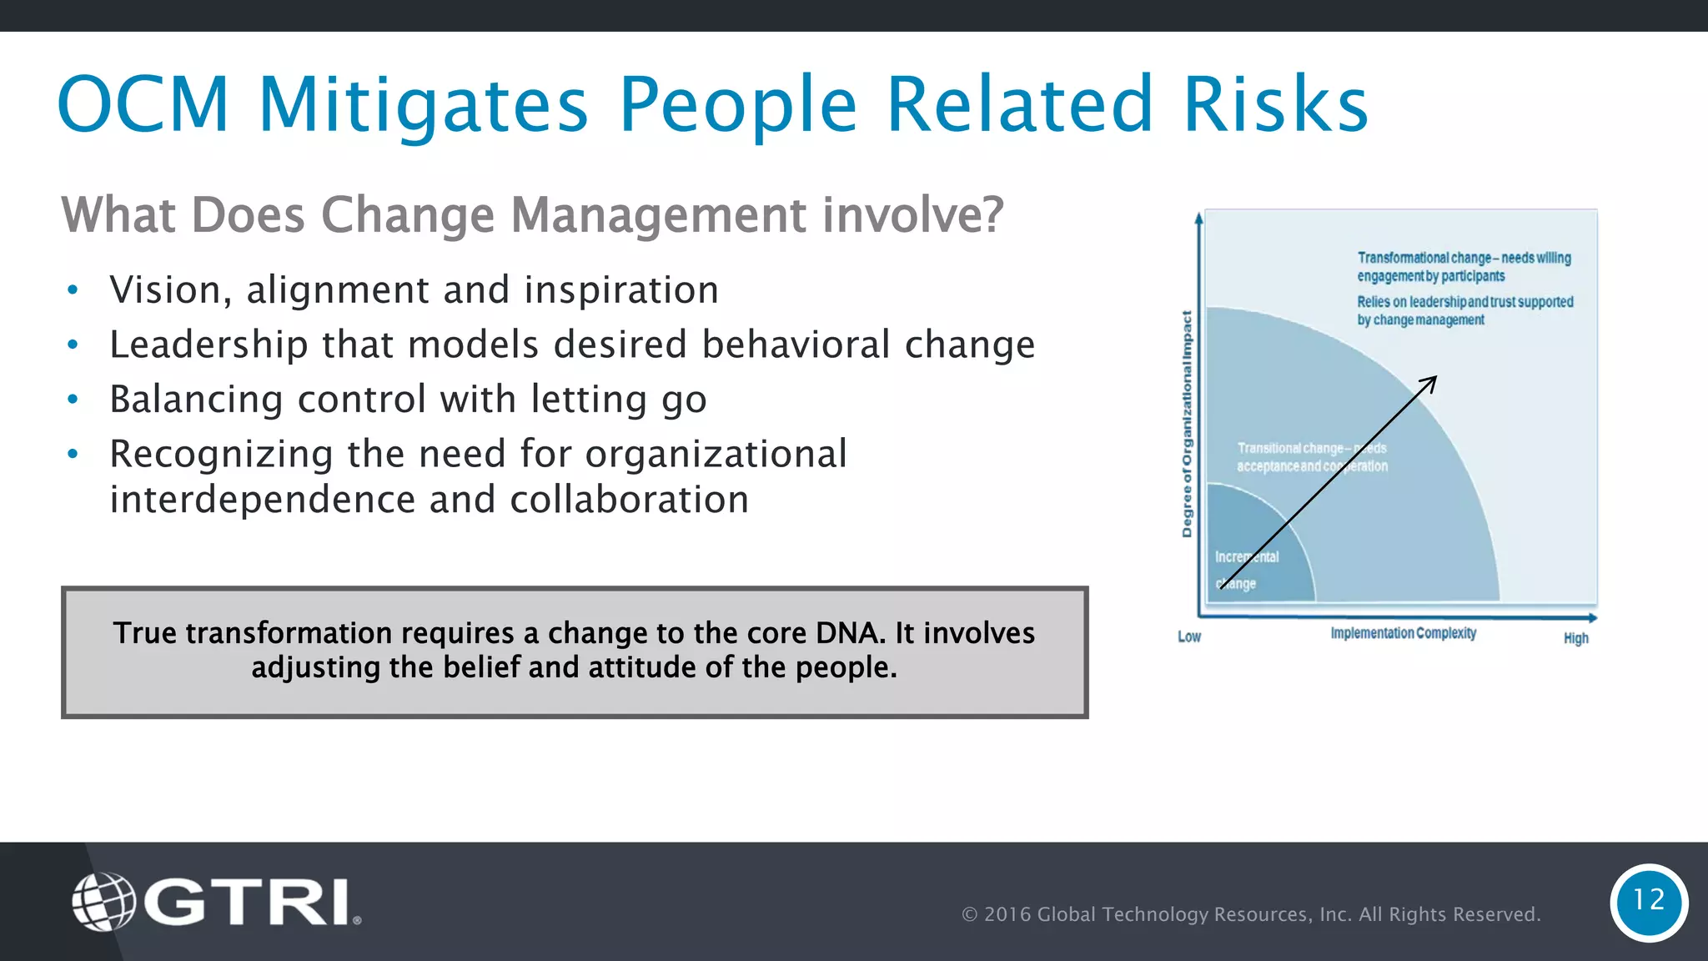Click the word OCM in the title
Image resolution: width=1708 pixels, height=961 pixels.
coord(143,105)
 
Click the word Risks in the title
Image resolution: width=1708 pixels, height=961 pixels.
coord(1275,105)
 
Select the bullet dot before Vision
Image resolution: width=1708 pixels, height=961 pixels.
coord(73,290)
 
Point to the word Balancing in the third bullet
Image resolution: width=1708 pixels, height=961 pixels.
coord(196,399)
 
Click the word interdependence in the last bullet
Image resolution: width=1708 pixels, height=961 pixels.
coord(262,500)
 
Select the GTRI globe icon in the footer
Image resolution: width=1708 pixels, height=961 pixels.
coord(103,902)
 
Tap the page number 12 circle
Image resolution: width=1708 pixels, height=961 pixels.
coord(1648,901)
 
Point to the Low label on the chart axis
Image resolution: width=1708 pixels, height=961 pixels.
coord(1188,637)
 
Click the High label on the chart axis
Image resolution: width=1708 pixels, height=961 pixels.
coord(1575,638)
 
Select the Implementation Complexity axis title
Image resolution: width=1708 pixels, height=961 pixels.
coord(1403,633)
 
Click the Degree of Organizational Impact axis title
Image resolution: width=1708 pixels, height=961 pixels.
coord(1187,424)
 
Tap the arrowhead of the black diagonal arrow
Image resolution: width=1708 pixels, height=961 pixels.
coord(1431,382)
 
